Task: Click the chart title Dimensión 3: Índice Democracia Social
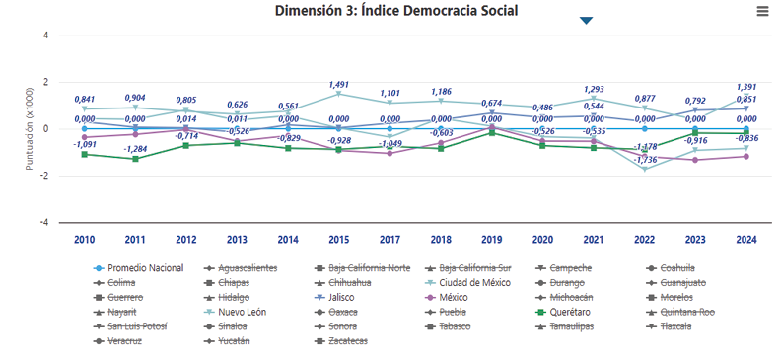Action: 396,11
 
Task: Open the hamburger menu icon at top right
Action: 762,11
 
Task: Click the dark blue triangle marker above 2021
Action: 586,20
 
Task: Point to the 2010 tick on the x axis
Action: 84,239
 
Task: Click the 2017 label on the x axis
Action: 389,239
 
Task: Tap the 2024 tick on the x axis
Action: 745,239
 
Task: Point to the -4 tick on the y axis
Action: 45,222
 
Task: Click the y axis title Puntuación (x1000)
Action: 31,128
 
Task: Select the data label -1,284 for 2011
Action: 136,149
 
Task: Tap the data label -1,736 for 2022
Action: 645,159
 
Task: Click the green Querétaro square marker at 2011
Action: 135,159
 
